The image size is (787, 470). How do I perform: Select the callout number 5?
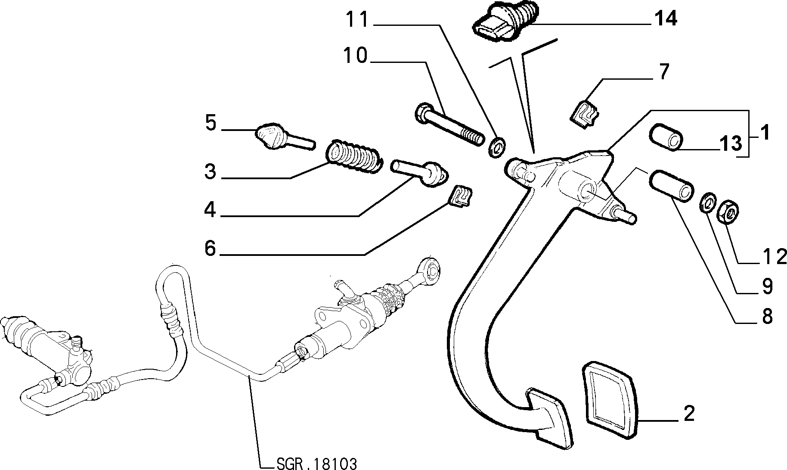(211, 123)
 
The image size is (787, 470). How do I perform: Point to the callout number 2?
(689, 414)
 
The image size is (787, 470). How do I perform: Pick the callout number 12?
(773, 257)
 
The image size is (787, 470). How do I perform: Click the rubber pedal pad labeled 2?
(610, 397)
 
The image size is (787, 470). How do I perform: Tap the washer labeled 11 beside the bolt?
(498, 147)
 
